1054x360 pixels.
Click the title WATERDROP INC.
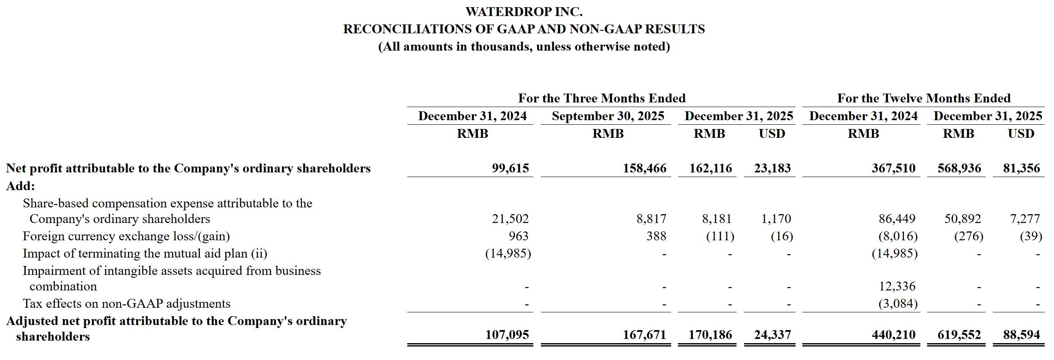524,12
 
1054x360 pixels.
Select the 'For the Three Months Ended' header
602,98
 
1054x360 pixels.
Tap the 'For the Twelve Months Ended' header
924,98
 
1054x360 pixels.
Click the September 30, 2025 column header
608,116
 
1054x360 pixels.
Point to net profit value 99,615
510,168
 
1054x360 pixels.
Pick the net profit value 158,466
645,168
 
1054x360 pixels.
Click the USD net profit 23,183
772,168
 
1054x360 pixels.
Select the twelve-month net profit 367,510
893,168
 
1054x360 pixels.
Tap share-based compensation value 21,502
510,219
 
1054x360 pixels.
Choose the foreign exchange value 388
656,236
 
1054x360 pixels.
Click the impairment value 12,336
897,286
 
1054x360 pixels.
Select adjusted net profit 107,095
507,335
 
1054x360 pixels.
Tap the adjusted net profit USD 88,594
1022,335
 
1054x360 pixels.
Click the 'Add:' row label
20,186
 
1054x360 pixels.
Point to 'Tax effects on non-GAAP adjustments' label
126,304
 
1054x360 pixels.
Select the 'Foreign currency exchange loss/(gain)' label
126,236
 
